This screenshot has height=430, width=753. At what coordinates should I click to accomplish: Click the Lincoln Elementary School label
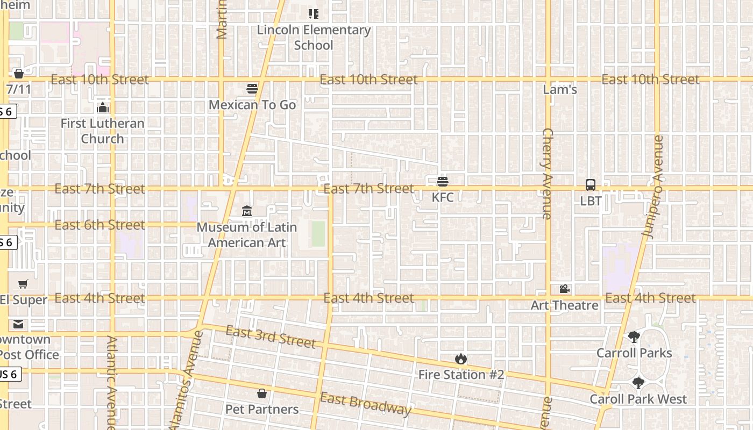click(314, 38)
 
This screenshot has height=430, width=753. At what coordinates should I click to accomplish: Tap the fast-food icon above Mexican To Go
click(252, 89)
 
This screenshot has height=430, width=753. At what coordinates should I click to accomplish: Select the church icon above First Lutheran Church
click(103, 108)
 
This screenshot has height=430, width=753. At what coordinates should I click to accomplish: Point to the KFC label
click(443, 197)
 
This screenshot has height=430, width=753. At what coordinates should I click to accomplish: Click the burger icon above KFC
click(443, 182)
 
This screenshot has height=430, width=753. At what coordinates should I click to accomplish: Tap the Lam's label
click(560, 90)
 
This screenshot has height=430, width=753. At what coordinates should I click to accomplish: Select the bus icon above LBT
click(591, 185)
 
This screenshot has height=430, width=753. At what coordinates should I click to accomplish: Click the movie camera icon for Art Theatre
click(564, 289)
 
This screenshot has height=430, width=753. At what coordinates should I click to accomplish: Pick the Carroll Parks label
click(634, 353)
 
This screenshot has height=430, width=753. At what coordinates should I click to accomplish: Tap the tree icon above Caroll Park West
click(638, 383)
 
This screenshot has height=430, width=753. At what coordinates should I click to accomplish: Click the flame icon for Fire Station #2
click(461, 359)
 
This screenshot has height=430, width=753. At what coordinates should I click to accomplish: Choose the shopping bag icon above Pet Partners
click(262, 394)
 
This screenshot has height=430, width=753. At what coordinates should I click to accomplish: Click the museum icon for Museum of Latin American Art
click(247, 211)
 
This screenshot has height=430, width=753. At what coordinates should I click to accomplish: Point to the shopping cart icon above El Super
click(23, 284)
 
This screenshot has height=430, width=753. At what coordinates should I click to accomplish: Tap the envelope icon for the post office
click(19, 324)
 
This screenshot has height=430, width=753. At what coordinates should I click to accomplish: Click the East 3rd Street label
click(270, 336)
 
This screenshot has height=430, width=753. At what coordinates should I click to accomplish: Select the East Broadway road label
click(366, 404)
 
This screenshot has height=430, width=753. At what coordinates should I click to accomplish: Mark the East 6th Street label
click(100, 225)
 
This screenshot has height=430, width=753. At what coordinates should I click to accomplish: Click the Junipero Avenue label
click(653, 187)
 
